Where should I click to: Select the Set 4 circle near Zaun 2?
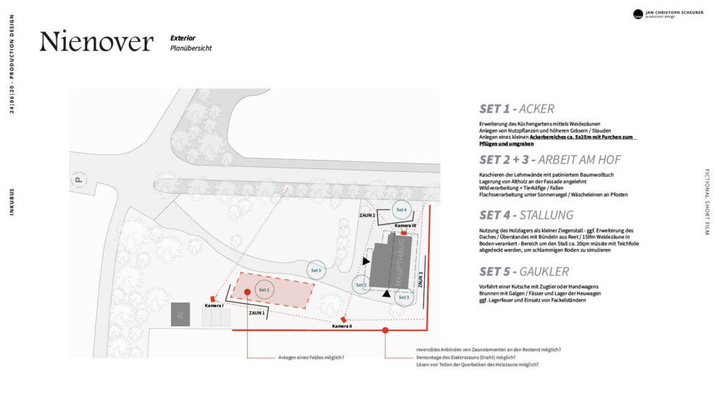[x=401, y=210]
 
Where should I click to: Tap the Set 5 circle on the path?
[x=316, y=270]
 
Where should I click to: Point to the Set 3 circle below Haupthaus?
[x=403, y=297]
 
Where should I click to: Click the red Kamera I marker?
[x=213, y=299]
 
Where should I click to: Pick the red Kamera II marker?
[x=343, y=319]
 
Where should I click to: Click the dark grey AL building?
[x=180, y=315]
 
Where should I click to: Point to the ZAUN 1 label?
[x=257, y=313]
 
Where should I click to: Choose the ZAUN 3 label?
[x=421, y=280]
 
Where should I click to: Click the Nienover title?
[x=96, y=42]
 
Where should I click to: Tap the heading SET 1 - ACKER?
[x=517, y=109]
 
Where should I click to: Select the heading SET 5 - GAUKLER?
[x=524, y=271]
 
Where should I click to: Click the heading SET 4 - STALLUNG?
[x=526, y=215]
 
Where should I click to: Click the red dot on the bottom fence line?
[x=385, y=329]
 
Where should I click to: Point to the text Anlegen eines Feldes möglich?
[x=311, y=358]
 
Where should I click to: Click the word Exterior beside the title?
[x=183, y=37]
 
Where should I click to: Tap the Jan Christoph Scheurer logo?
[x=638, y=14]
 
